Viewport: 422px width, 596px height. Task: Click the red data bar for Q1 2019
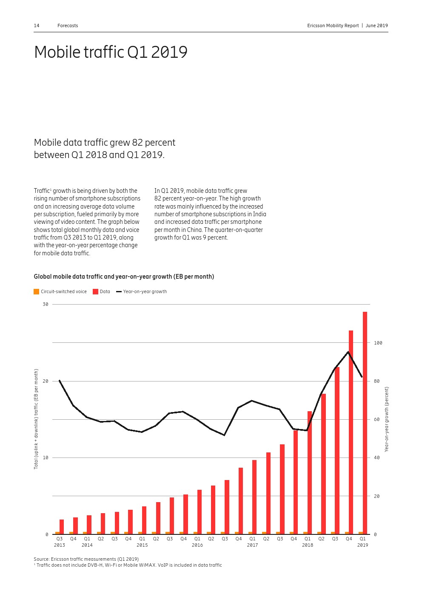point(365,423)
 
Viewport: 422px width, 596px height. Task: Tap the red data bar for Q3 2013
point(62,527)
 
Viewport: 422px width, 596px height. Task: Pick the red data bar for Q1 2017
point(254,497)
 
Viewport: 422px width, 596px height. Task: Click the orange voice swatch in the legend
point(36,291)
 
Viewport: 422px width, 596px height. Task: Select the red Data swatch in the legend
point(95,291)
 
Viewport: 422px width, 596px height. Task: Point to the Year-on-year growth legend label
point(145,291)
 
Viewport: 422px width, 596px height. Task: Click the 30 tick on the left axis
point(46,304)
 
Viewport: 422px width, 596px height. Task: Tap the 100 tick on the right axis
point(378,343)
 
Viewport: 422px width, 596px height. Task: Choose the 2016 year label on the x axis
point(197,545)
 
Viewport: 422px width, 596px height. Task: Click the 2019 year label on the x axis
point(362,545)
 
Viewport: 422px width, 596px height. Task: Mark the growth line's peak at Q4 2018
point(348,352)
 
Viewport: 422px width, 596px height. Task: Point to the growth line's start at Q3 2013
point(60,380)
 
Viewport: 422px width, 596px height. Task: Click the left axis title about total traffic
point(36,419)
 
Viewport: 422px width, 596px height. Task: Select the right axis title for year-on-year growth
point(387,419)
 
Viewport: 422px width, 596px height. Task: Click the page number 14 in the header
point(37,25)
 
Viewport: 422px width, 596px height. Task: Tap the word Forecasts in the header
point(68,25)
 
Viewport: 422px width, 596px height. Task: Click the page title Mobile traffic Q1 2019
point(111,52)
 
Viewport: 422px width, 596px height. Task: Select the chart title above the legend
point(124,277)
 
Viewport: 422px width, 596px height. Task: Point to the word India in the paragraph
point(259,214)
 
